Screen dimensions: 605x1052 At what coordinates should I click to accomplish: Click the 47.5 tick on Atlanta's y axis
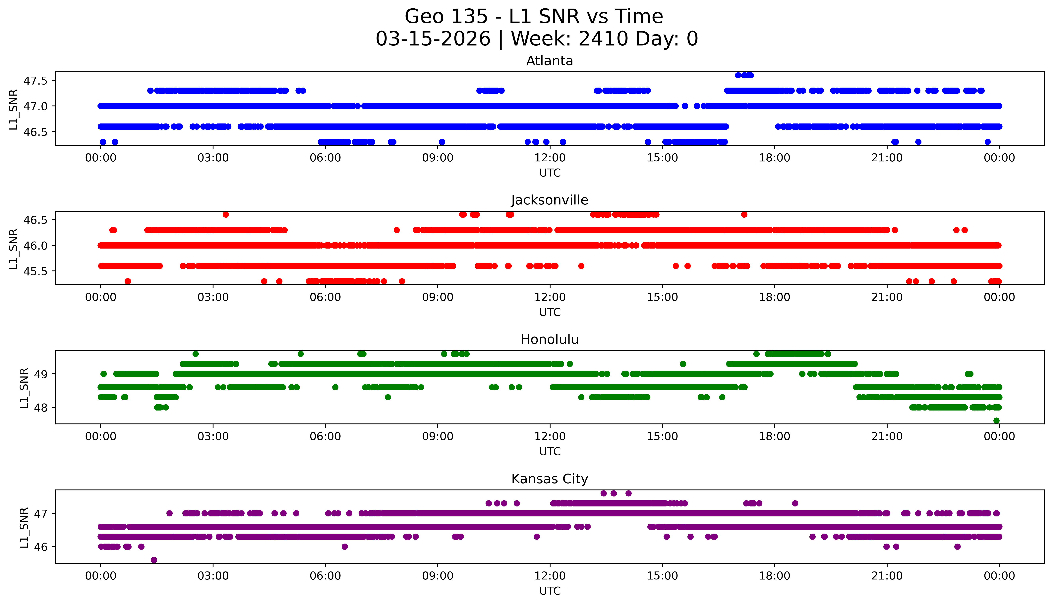coord(36,81)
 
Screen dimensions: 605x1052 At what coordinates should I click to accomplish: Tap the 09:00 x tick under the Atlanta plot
coord(438,158)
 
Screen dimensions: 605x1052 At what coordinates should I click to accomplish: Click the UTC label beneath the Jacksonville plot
coord(550,312)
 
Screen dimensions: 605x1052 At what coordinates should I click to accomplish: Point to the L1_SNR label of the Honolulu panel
coord(24,388)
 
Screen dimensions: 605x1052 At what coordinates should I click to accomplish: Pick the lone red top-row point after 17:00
coord(744,214)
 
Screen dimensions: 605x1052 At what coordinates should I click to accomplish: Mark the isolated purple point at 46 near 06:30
coord(345,546)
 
